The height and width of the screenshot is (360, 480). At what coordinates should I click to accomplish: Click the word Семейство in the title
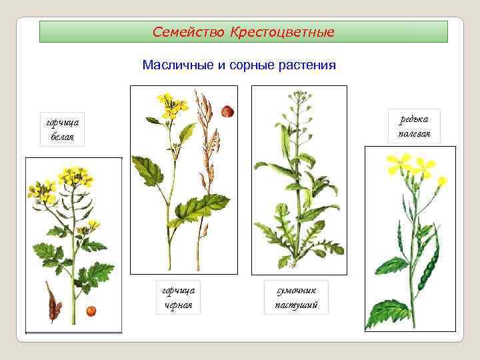click(189, 32)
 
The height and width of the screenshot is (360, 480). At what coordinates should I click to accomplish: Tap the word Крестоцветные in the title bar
click(282, 32)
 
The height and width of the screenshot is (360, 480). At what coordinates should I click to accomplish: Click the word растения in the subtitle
click(306, 65)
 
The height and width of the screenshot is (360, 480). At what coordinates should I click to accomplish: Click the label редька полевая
click(415, 126)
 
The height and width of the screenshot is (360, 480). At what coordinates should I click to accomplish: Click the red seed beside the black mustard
click(228, 111)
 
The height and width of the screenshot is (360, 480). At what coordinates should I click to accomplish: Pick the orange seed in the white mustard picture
click(91, 311)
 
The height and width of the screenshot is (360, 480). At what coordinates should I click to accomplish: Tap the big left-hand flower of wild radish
click(400, 163)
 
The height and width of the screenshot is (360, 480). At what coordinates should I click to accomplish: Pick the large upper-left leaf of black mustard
click(148, 169)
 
